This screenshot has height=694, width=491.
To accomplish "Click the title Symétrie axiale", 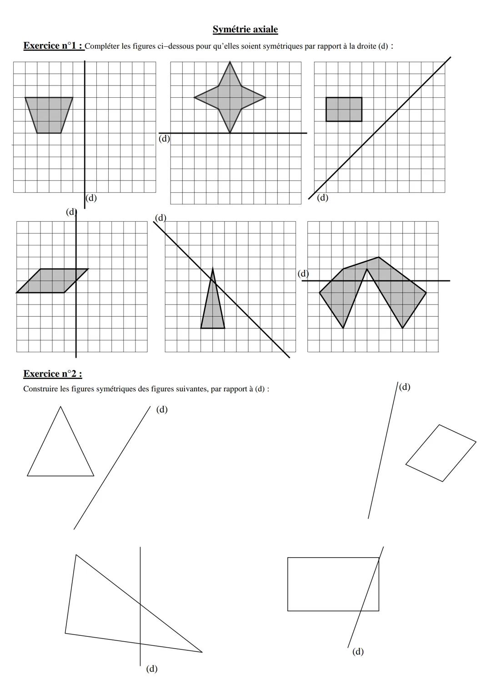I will point(245,30).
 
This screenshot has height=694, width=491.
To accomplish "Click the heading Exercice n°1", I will point(53,46).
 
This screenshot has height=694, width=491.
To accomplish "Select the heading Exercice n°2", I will point(52,374).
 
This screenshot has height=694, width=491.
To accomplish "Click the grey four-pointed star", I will point(230,97).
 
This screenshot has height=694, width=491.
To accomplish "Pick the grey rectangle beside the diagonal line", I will point(344,110).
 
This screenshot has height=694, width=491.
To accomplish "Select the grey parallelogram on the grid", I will point(52,281).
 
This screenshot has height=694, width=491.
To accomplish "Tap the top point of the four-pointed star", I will point(230,63).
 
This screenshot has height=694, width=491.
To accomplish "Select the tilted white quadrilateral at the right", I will point(441,453).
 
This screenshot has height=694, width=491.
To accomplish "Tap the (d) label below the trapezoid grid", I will point(91,198).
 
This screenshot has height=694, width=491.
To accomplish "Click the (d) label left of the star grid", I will point(164,139).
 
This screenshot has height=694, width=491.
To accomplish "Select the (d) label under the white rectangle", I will point(358,652).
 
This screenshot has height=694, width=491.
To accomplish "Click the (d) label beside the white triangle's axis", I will point(161,409).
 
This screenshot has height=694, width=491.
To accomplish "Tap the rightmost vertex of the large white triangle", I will point(202,652).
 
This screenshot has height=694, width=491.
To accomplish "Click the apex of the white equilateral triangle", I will point(60,407).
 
